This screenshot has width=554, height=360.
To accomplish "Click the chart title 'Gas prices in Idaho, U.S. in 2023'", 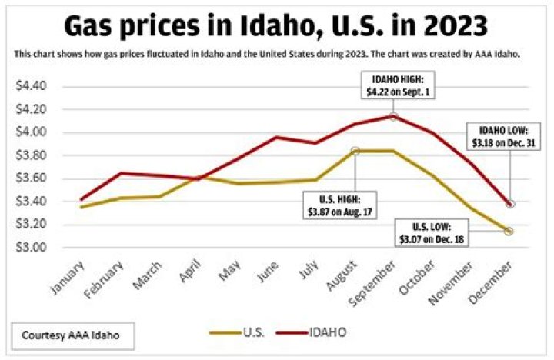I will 275,26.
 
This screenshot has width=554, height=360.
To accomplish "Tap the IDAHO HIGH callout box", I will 393,85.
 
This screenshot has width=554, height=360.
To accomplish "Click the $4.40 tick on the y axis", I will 32,85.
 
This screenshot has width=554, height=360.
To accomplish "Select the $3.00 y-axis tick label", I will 32,248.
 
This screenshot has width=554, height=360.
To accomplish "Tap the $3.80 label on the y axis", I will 32,155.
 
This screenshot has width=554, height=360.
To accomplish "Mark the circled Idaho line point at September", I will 393,116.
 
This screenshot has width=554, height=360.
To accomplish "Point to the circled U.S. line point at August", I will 355,151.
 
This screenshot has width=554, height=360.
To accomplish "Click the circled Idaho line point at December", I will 510,204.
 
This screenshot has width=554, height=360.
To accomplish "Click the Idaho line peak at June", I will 277,138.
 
